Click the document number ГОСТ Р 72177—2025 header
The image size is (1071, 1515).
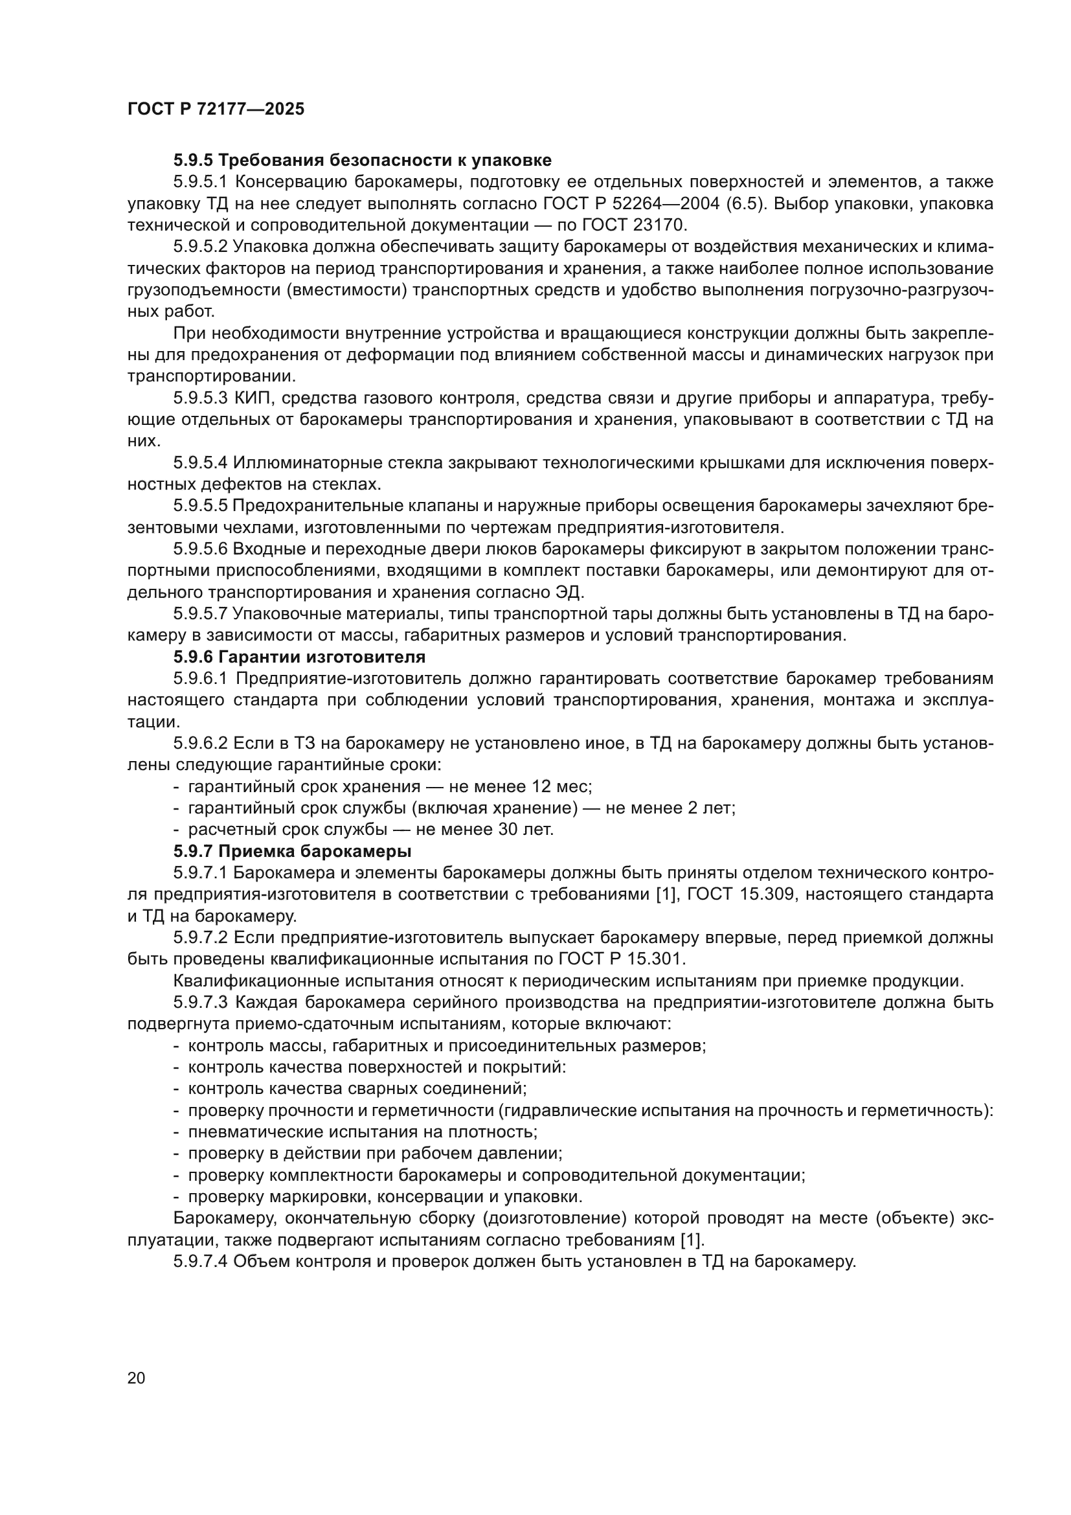tap(216, 109)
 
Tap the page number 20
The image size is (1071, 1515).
tap(136, 1378)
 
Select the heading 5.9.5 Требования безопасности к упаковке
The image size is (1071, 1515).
tap(362, 161)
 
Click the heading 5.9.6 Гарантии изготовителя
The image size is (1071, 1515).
tap(299, 657)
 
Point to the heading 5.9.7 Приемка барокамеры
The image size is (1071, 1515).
tap(292, 850)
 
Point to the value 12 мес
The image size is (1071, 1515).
tap(561, 786)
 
